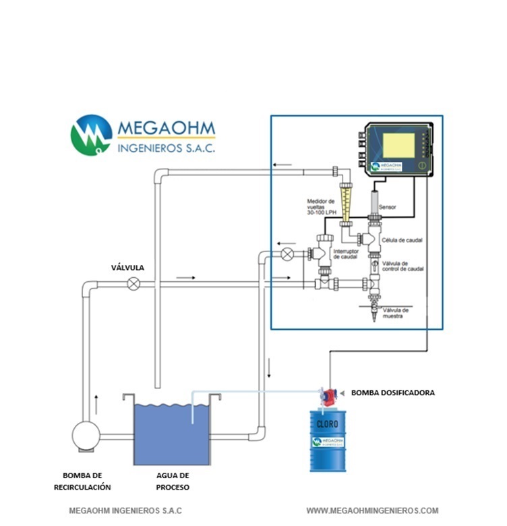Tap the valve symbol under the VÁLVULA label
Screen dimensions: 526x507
click(x=134, y=284)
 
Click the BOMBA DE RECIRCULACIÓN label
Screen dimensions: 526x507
click(x=82, y=481)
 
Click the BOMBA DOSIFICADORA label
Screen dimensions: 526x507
click(x=392, y=392)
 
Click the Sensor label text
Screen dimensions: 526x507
click(x=387, y=206)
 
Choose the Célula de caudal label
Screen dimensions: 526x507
click(x=402, y=240)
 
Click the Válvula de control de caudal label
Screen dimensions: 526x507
click(x=402, y=266)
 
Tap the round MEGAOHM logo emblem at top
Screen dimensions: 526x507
click(x=91, y=135)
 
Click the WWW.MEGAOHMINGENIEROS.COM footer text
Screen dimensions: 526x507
click(x=372, y=510)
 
